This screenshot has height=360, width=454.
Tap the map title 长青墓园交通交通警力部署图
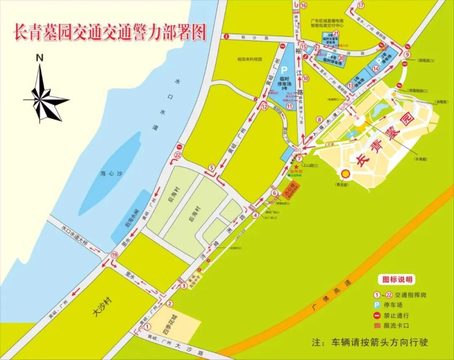tap(110, 32)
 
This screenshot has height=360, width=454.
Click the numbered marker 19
tap(114, 255)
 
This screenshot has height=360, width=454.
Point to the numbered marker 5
tap(212, 168)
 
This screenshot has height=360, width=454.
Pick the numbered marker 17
tap(361, 5)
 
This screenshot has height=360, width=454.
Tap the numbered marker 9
tap(406, 55)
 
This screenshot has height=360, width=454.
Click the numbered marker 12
tap(264, 107)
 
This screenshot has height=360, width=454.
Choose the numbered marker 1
tap(147, 326)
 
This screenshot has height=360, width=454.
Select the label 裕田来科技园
tap(249, 59)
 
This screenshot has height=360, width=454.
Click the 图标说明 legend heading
tap(397, 279)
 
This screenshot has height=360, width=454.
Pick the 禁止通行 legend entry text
tap(396, 315)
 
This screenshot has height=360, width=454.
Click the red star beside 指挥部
tap(296, 167)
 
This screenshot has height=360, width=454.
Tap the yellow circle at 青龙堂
tap(346, 173)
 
